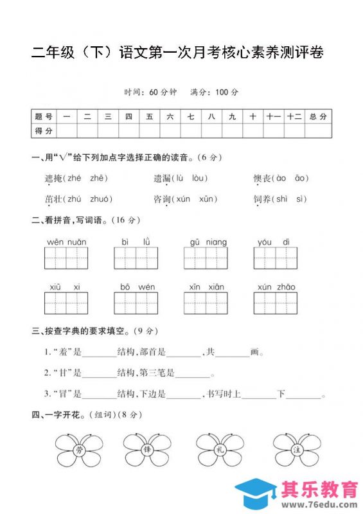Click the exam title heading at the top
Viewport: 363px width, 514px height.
coord(177,53)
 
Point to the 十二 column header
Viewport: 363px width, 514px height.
coord(295,116)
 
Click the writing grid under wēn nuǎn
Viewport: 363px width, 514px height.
coord(67,258)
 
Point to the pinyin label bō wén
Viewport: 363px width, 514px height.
coord(136,287)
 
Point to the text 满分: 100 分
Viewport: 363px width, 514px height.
coord(215,93)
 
